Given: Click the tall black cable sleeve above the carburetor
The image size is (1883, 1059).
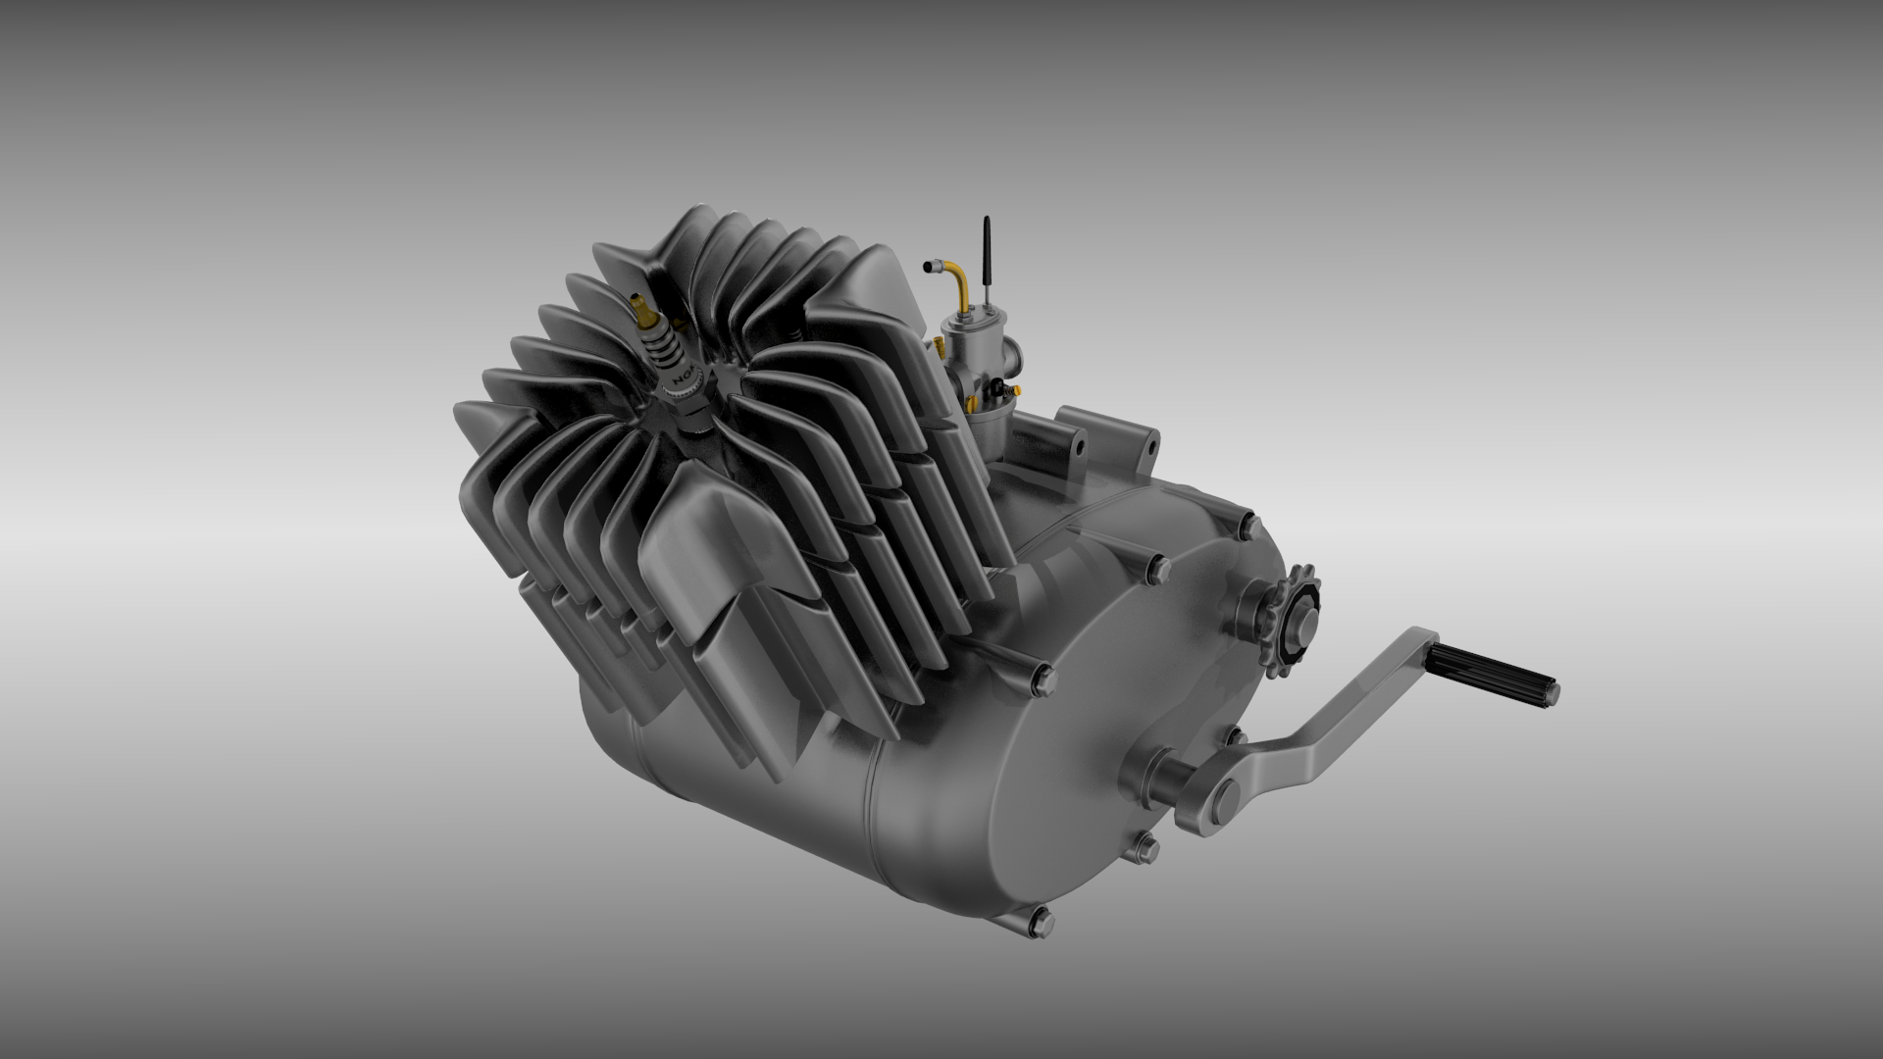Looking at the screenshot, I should (987, 250).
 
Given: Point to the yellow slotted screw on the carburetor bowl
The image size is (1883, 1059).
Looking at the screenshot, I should (971, 403).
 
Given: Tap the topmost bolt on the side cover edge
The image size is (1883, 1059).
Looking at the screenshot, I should (1248, 527).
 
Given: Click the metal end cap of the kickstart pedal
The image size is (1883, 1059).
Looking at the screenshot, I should (1551, 693).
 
